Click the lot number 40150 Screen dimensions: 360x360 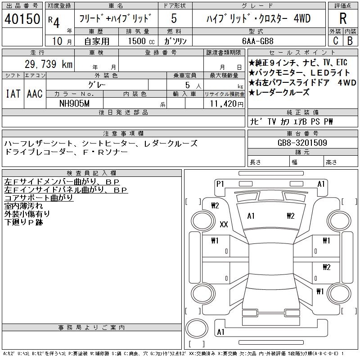pyautogui.click(x=22, y=19)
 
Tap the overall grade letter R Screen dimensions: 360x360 pyautogui.click(x=343, y=18)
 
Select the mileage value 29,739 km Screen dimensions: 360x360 pyautogui.click(x=49, y=64)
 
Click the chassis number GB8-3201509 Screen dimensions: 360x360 pyautogui.click(x=302, y=143)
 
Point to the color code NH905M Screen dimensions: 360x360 pyautogui.click(x=74, y=103)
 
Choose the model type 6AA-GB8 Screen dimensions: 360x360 pyautogui.click(x=258, y=41)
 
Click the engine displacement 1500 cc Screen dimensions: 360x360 pyautogui.click(x=141, y=41)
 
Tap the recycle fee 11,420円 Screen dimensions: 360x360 pyautogui.click(x=227, y=104)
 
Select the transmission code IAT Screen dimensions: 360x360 pyautogui.click(x=13, y=94)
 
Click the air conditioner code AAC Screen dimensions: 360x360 pyautogui.click(x=35, y=94)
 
